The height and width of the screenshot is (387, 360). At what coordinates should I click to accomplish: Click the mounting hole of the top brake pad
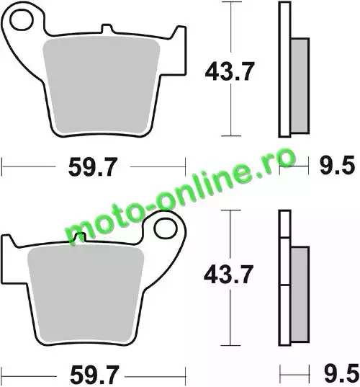(x=22, y=20)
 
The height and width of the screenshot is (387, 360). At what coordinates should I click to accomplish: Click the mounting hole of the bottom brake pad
(x=166, y=228)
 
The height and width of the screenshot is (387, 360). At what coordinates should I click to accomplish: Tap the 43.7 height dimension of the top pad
(x=229, y=71)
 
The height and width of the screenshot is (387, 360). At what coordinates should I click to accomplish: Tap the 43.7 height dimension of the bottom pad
(x=228, y=274)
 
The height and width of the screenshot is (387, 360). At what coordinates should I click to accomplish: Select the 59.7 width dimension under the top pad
(x=93, y=167)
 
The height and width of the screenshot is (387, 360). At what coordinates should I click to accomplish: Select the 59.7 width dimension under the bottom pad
(x=94, y=375)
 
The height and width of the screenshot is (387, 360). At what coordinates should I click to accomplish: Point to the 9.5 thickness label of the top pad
(x=337, y=165)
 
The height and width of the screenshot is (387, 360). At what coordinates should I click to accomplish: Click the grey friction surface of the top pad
(x=101, y=85)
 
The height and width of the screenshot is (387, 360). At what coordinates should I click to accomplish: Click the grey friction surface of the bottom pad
(x=86, y=295)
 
